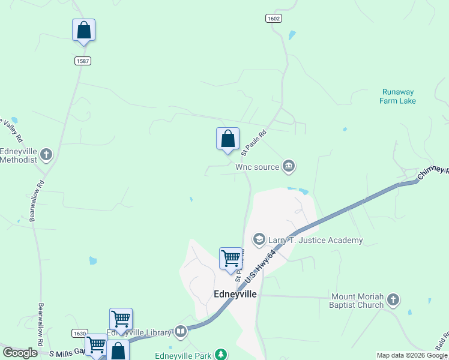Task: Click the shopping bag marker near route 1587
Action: point(84,31)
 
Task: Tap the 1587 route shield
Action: point(83,61)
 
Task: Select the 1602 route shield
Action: point(273,19)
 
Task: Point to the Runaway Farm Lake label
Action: point(397,97)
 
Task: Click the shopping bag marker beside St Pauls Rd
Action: point(228,139)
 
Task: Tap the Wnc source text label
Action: point(257,167)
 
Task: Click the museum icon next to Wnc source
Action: point(289,166)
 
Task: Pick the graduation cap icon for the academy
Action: point(259,240)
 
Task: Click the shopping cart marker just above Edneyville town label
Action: point(231,259)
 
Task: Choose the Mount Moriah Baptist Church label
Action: point(356,301)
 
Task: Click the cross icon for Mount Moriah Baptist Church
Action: point(393,299)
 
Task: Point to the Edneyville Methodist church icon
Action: point(46,155)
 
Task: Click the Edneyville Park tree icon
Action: point(221,355)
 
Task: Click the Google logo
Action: point(20,353)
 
